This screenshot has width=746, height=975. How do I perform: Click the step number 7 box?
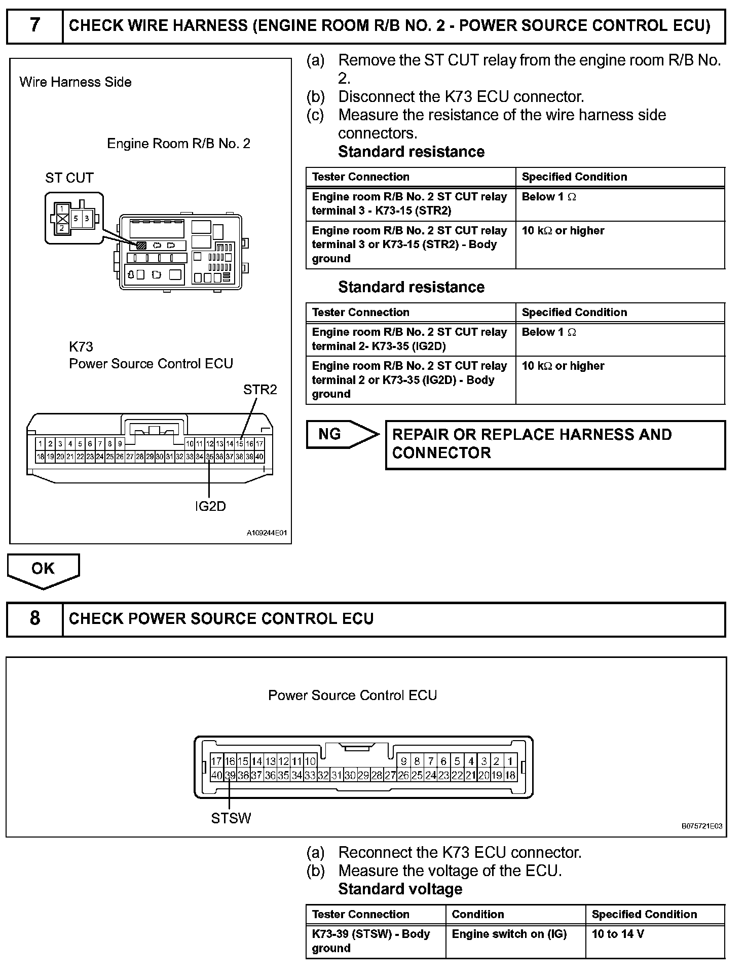point(34,25)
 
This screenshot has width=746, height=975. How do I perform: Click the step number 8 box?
point(34,618)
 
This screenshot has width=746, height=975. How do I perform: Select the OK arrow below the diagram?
point(43,569)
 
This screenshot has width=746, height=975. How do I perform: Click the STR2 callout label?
point(260,390)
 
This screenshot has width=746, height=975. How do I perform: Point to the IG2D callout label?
point(210,506)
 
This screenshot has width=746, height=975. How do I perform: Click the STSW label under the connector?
point(231,818)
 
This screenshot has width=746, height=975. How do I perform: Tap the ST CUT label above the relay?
point(69,178)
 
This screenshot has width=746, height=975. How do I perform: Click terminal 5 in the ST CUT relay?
point(76,219)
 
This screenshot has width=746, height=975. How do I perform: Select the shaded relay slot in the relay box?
point(141,245)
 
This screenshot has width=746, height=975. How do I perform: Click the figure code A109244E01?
point(267,533)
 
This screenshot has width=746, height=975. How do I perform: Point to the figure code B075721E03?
point(702,826)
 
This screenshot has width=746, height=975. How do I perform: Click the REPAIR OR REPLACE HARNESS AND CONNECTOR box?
point(555,444)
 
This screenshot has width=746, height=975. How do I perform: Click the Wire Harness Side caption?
point(76,82)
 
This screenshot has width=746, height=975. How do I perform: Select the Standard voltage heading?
point(400,889)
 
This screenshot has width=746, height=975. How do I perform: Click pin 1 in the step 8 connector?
point(510,761)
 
